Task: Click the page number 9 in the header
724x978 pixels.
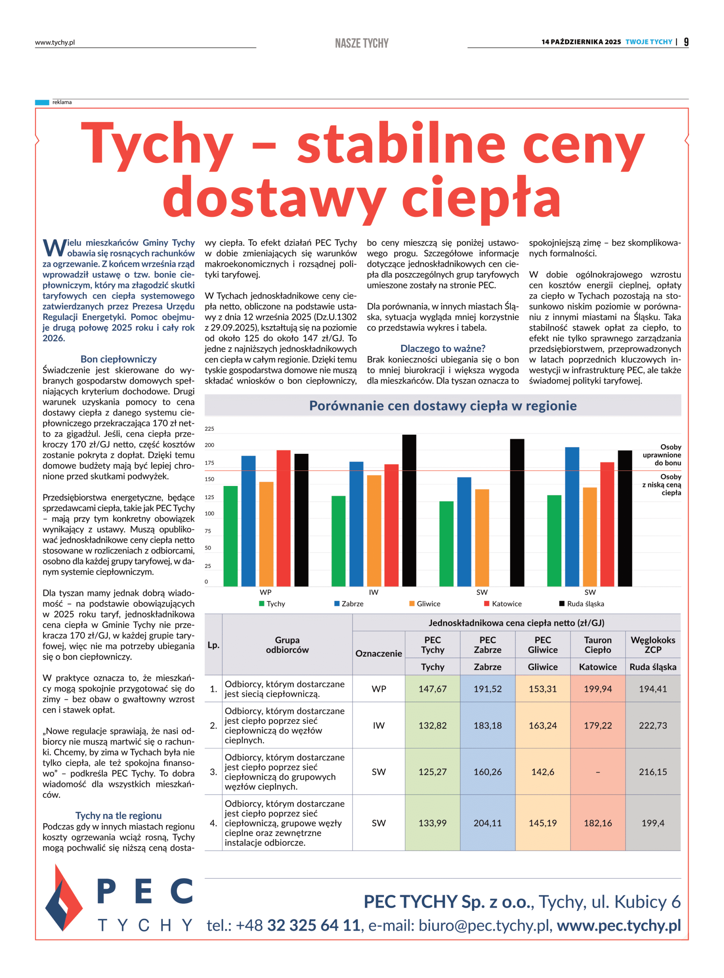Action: (686, 42)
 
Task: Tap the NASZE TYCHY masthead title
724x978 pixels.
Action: (361, 43)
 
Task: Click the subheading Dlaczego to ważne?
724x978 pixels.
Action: (443, 349)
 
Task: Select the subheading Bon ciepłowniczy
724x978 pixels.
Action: (118, 359)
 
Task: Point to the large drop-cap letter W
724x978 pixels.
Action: (54, 248)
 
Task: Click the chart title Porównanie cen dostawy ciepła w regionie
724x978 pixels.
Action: (443, 406)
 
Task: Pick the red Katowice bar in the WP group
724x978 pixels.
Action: (283, 518)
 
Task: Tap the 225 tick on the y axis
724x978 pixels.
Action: (210, 429)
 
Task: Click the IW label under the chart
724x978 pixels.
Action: (373, 593)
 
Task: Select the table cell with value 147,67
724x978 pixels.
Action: (432, 689)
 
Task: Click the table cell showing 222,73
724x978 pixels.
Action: (653, 726)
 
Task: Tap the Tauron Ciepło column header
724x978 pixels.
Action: (598, 645)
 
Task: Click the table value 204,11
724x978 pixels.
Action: (487, 823)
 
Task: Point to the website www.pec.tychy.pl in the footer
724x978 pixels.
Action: (619, 925)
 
